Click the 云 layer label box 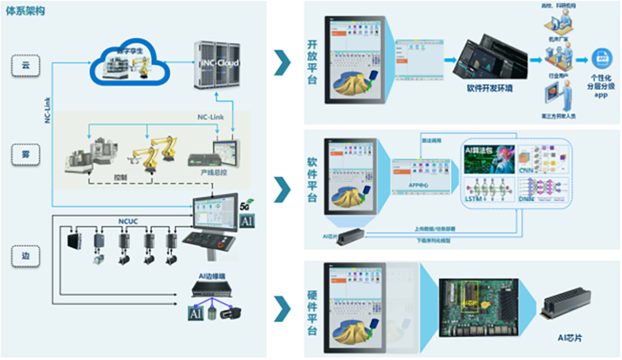(x=26, y=65)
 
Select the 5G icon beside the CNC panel (x=245, y=206)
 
